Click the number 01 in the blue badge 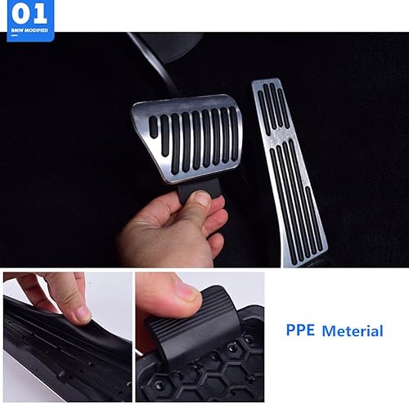click(x=28, y=14)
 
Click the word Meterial click(x=352, y=331)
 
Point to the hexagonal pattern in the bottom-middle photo click(x=213, y=371)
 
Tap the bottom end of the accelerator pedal click(x=311, y=249)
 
